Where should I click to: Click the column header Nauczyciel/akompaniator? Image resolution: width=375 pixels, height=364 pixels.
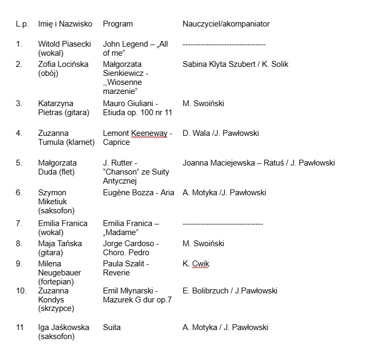226,24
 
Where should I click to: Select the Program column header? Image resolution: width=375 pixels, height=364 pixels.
117,24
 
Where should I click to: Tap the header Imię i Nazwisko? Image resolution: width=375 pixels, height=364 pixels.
65,24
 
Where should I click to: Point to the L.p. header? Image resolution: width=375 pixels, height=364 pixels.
22,24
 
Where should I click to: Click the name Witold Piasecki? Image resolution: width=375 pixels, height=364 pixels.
63,44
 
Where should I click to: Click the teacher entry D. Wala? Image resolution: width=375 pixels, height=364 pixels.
194,133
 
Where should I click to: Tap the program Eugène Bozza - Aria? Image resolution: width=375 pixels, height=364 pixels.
138,193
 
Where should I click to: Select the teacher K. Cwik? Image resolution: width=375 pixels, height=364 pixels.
195,264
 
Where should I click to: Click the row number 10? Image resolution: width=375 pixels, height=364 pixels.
21,291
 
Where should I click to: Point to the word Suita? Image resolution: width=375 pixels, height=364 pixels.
112,327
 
